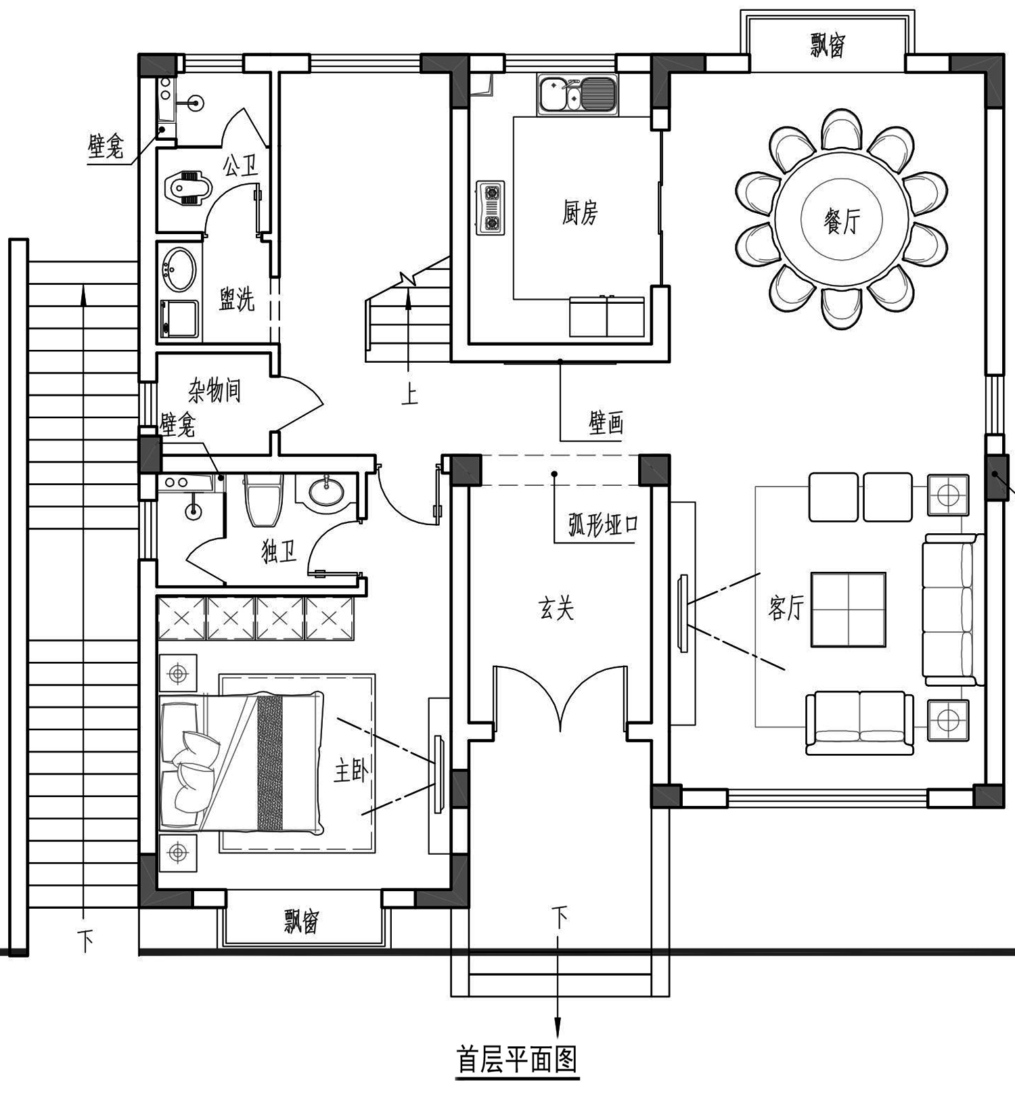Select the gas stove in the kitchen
tap(490, 208)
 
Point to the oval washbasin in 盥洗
tap(180, 269)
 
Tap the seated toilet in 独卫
tap(263, 499)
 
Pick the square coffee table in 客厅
tap(849, 609)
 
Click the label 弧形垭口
tap(603, 525)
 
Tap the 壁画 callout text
tap(606, 424)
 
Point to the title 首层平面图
tap(517, 1060)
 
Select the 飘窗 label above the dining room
tap(827, 46)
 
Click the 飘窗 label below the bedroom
tap(301, 922)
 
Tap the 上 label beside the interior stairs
tap(409, 395)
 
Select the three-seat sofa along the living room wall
tap(951, 609)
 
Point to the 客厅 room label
tap(786, 608)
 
